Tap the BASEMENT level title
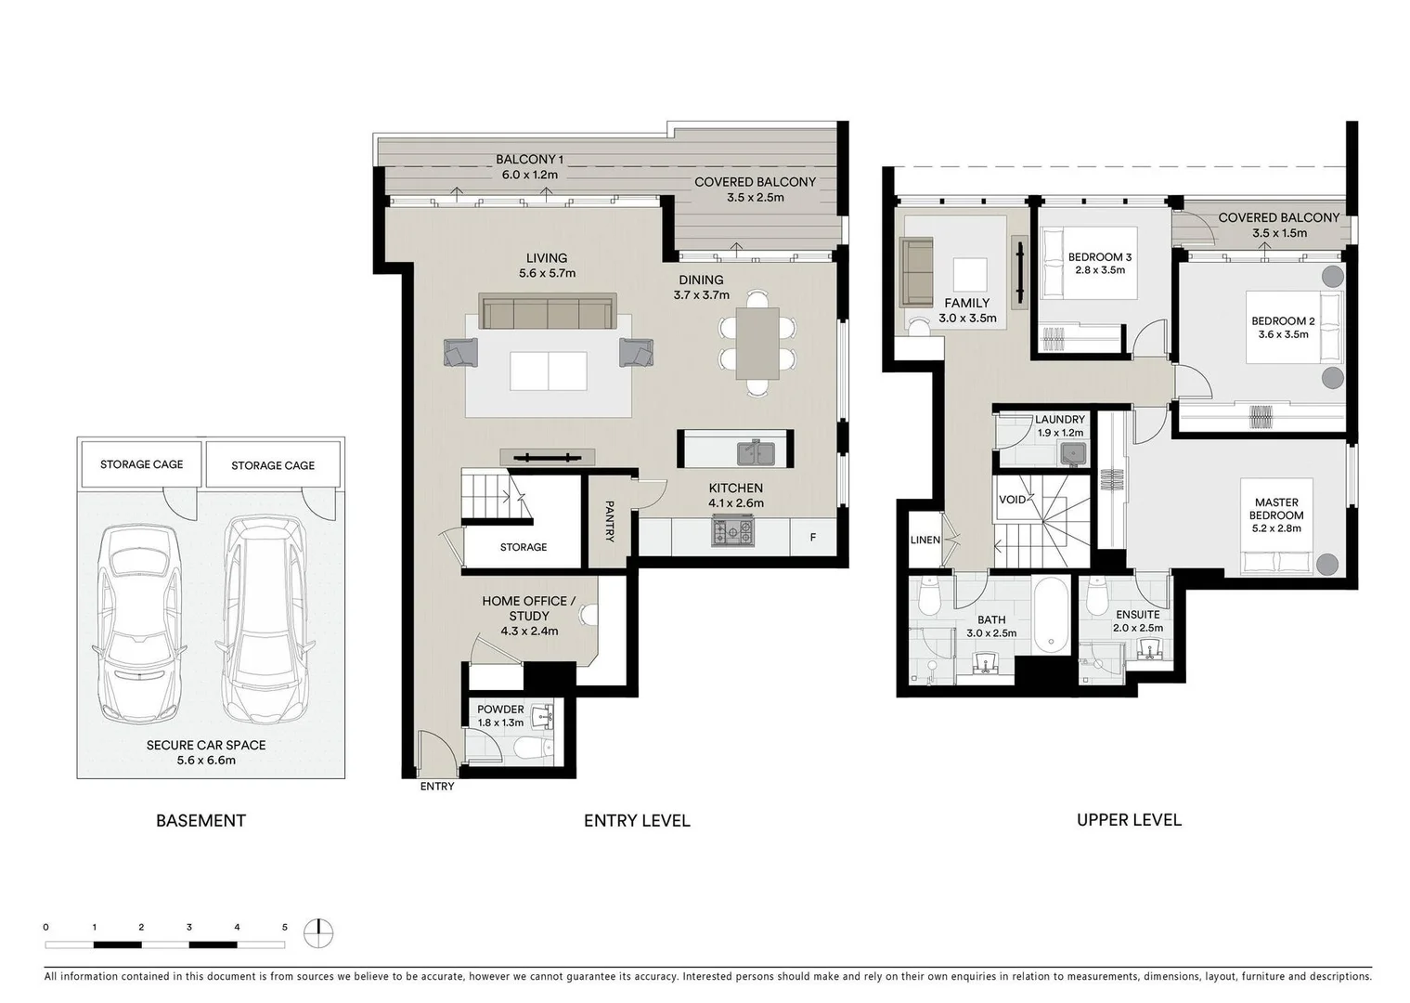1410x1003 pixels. click(x=201, y=820)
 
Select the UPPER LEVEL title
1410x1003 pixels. click(x=1129, y=819)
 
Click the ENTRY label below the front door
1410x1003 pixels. click(x=437, y=787)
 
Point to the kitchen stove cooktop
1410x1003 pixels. click(x=733, y=531)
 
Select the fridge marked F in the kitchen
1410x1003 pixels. click(x=813, y=537)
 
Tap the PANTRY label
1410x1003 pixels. click(x=609, y=521)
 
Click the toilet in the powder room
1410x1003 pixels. click(x=530, y=747)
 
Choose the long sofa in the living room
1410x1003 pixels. click(x=548, y=312)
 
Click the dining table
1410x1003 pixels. click(x=757, y=343)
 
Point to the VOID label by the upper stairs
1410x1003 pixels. click(x=1012, y=500)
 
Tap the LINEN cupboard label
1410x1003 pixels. click(x=925, y=540)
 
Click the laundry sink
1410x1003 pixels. click(x=1074, y=452)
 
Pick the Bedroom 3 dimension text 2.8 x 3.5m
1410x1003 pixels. click(x=1099, y=270)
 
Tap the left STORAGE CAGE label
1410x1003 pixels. click(x=142, y=464)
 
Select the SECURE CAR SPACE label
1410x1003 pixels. click(x=206, y=745)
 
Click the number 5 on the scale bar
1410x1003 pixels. click(x=285, y=927)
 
